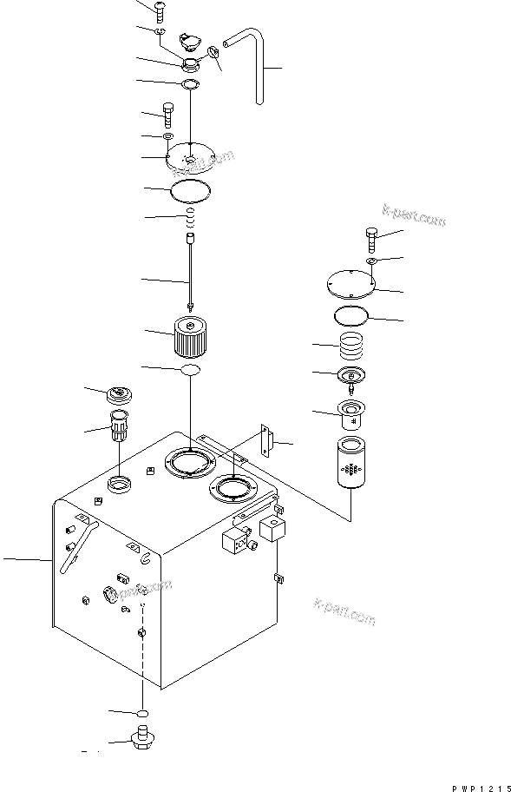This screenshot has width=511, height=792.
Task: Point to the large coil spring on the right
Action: point(353,346)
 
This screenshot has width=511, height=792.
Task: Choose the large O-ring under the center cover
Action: point(191,188)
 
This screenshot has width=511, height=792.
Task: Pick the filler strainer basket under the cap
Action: point(118,426)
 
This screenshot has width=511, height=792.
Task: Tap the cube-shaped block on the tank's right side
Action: point(274,529)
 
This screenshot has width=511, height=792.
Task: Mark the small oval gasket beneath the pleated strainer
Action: point(190,371)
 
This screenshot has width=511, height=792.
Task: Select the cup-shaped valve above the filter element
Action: point(351,415)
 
